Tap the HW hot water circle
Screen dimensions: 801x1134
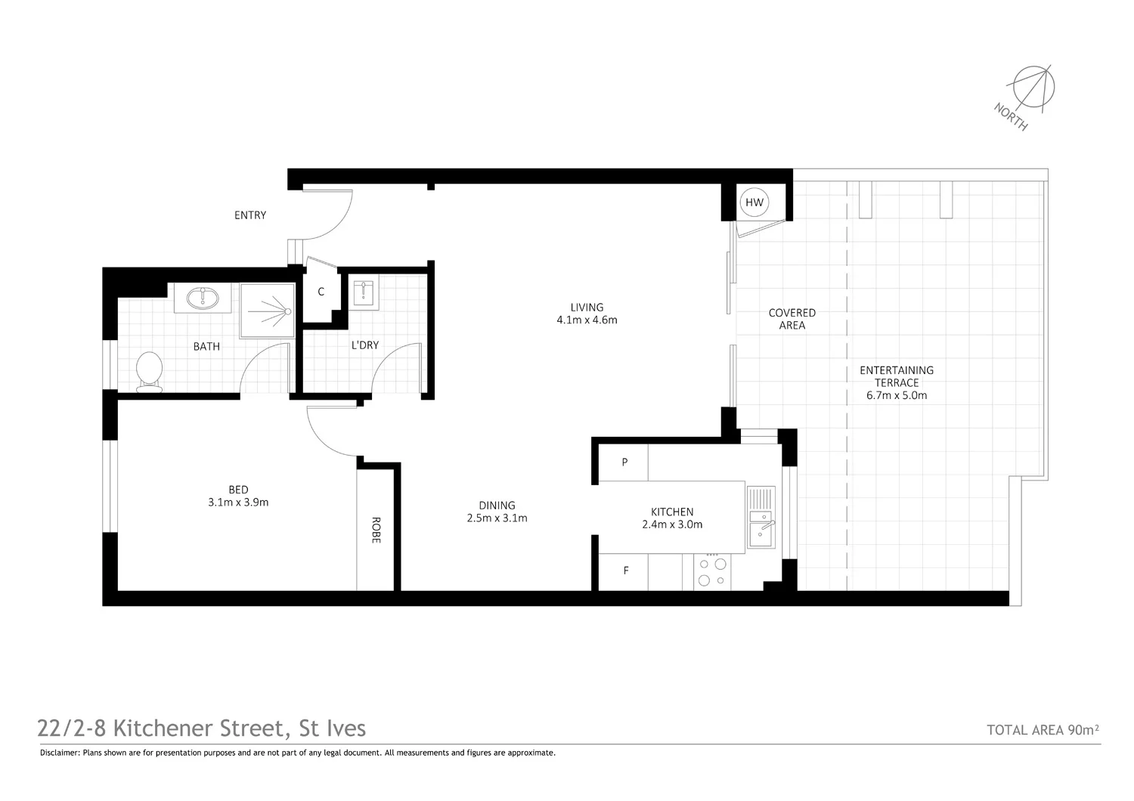point(754,203)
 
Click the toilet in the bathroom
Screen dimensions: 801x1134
point(149,372)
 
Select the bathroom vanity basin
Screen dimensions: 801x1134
point(203,298)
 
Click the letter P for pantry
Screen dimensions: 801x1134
point(624,462)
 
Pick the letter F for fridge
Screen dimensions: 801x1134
point(626,571)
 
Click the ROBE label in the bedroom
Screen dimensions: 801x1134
point(376,530)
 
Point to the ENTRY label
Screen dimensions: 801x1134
point(250,215)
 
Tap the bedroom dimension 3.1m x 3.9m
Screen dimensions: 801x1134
point(238,502)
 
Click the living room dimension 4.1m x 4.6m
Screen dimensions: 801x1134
point(587,320)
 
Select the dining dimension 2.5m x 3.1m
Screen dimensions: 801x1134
point(497,518)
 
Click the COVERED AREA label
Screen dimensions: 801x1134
point(792,319)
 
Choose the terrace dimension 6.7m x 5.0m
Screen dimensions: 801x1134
point(897,395)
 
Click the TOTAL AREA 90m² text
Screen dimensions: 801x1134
point(1043,730)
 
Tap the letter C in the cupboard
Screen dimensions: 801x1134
point(321,292)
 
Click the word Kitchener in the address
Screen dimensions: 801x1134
point(165,728)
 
